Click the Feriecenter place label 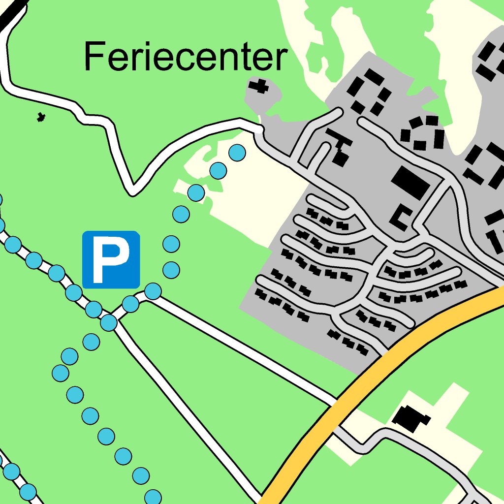coord(185,57)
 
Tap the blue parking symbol coord(111,259)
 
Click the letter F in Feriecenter coord(94,57)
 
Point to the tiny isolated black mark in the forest coord(41,117)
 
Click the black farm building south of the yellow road coord(410,418)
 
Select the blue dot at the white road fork coord(109,323)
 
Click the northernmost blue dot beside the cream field coord(237,152)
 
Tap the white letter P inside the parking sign coord(111,259)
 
